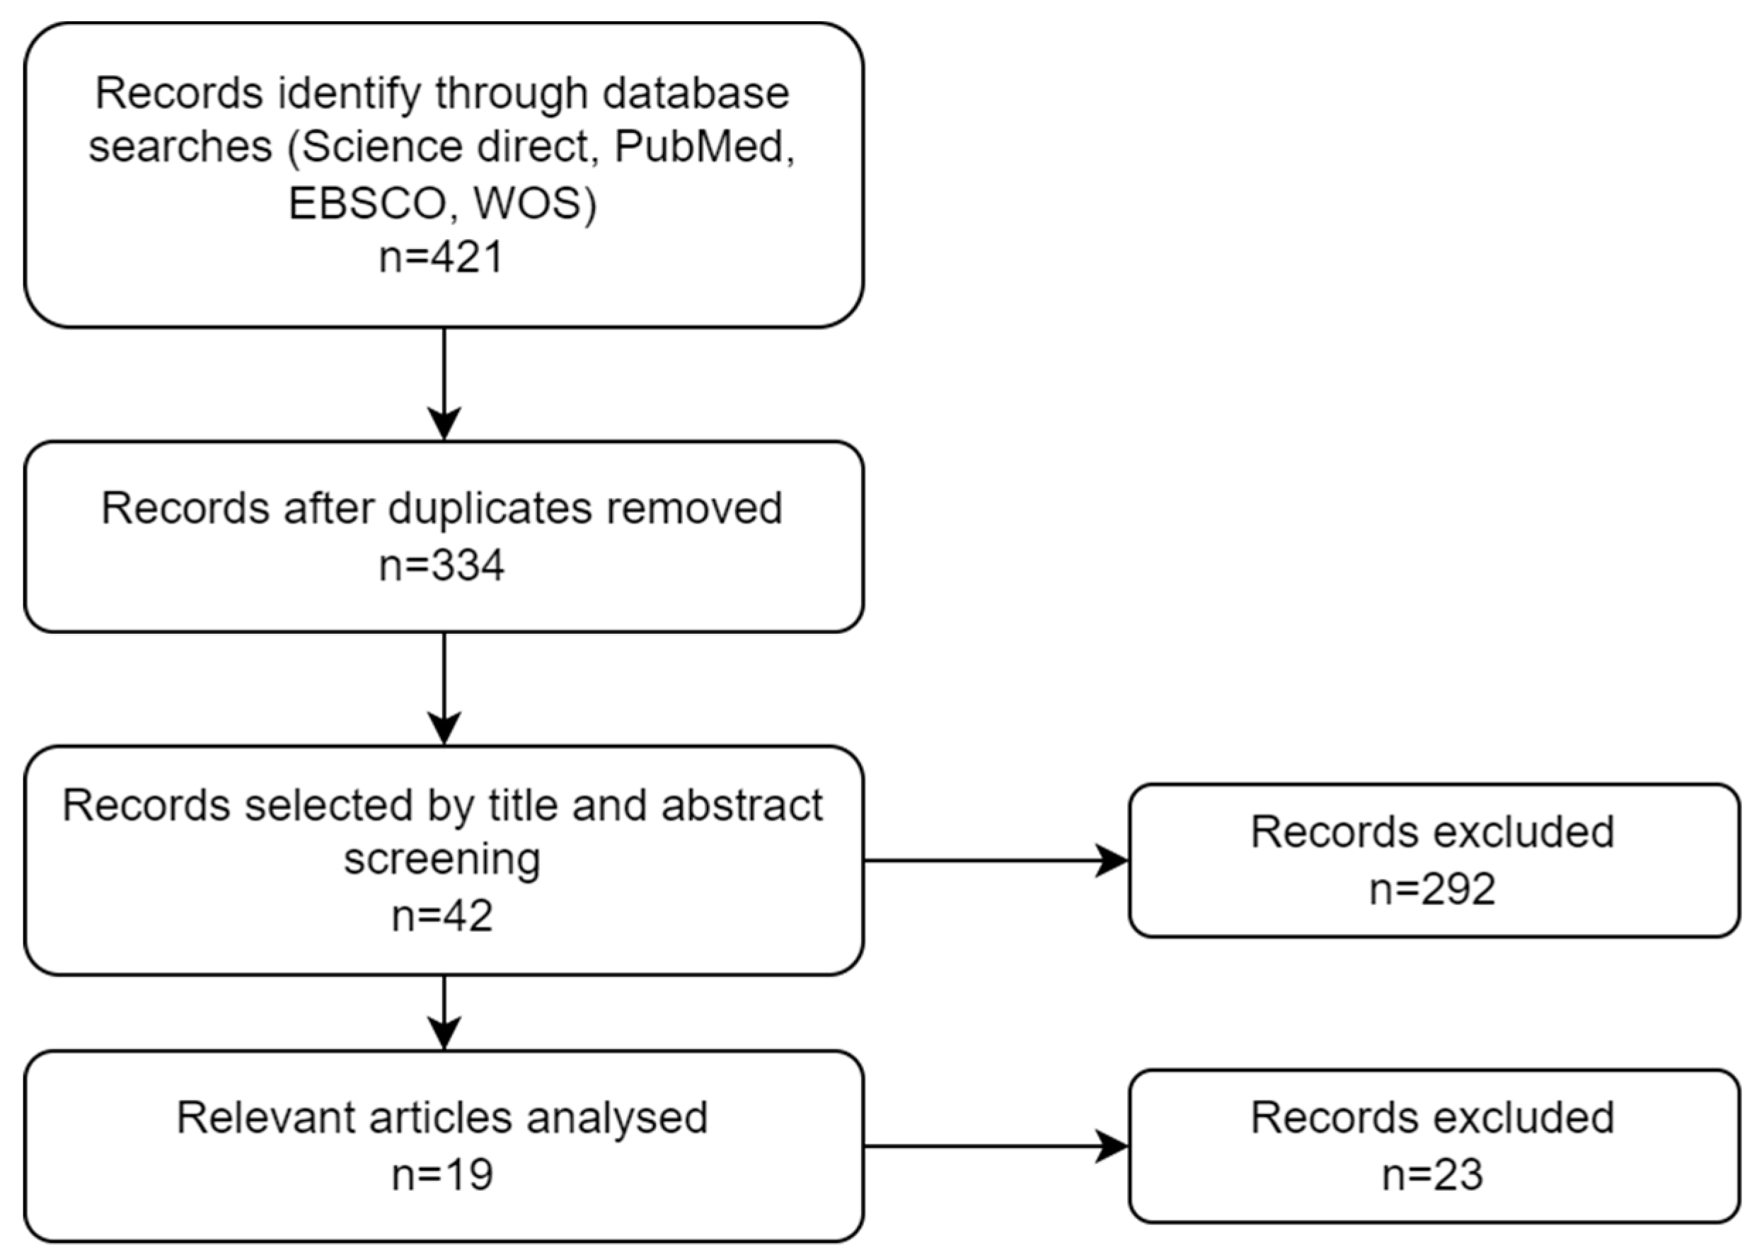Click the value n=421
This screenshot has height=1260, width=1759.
click(442, 258)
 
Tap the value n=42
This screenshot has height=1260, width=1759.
click(442, 915)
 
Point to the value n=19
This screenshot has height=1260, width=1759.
click(442, 1174)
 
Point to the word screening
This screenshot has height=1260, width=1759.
click(442, 859)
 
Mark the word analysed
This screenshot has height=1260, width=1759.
click(616, 1117)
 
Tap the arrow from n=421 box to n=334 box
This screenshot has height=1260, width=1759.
click(444, 384)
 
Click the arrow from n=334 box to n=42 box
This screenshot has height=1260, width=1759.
click(444, 688)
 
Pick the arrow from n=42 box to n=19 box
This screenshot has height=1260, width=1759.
click(444, 1012)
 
